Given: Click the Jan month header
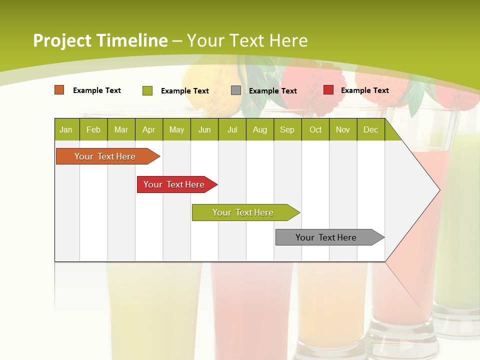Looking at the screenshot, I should click(x=66, y=129).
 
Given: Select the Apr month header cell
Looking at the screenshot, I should click(x=148, y=129).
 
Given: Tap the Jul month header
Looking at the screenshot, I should click(x=232, y=129).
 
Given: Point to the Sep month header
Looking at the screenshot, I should click(x=287, y=129).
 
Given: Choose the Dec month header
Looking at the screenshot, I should click(x=370, y=129).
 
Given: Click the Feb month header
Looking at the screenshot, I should click(x=93, y=129).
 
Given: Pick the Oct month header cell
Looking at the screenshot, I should click(x=315, y=129).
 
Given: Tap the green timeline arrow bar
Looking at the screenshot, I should click(x=243, y=212).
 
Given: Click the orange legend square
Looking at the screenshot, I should click(x=59, y=90).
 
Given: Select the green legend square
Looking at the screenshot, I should click(x=147, y=90).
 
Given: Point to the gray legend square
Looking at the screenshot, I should click(x=236, y=90).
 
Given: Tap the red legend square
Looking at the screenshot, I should click(x=328, y=90).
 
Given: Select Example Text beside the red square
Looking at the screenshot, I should click(x=364, y=90).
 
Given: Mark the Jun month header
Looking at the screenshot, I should click(x=204, y=129).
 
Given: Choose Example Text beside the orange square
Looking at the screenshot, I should click(x=96, y=90).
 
